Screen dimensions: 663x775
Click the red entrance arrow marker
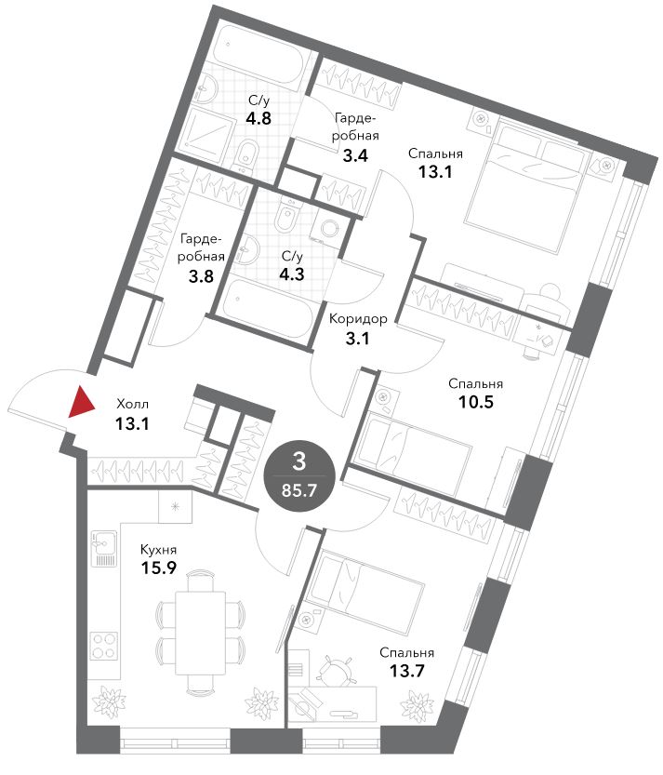pyautogui.click(x=81, y=402)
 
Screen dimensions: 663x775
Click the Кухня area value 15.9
pyautogui.click(x=159, y=568)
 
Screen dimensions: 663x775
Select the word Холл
pyautogui.click(x=132, y=405)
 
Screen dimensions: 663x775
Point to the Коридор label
pyautogui.click(x=358, y=319)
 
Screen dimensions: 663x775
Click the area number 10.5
pyautogui.click(x=476, y=402)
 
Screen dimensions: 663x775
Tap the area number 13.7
pyautogui.click(x=407, y=671)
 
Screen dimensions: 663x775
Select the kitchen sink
pyautogui.click(x=104, y=548)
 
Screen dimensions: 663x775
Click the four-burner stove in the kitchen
pyautogui.click(x=104, y=646)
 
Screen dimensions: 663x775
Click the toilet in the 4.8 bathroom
pyautogui.click(x=246, y=154)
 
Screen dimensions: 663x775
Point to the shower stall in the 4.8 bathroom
pyautogui.click(x=206, y=132)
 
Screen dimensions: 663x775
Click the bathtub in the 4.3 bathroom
pyautogui.click(x=266, y=309)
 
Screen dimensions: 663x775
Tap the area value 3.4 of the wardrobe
pyautogui.click(x=355, y=156)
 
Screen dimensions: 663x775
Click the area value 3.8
pyautogui.click(x=201, y=275)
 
